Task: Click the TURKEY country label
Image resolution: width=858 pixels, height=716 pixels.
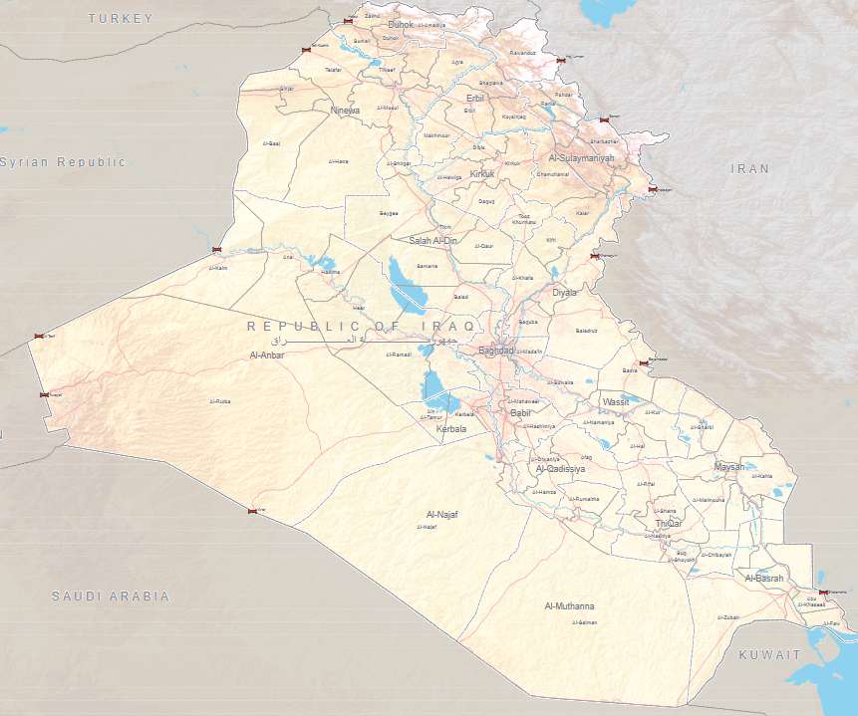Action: coord(121,18)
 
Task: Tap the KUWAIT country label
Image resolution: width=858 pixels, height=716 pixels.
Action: coord(769,654)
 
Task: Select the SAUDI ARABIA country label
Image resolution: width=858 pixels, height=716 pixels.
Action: coord(111,596)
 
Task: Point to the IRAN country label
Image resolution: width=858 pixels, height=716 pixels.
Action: coord(750,169)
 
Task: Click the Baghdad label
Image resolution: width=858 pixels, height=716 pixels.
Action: coord(496,351)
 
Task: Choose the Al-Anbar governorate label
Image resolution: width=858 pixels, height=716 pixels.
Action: coord(267,355)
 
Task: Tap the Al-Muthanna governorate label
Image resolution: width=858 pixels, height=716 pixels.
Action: coord(569,605)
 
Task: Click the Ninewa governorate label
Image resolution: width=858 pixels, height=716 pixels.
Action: coord(345,111)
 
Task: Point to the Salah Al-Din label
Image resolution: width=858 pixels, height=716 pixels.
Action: coord(432,240)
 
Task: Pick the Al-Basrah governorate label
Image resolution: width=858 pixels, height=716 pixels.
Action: coord(764,578)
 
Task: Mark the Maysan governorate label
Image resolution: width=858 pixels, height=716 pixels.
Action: coord(729,466)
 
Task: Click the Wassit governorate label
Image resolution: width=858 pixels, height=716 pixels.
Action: coord(616,401)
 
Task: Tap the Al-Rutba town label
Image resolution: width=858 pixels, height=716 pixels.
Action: coord(220,401)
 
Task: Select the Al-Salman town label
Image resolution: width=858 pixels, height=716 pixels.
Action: coord(585,622)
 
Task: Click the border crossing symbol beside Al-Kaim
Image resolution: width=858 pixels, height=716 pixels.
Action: coord(217,250)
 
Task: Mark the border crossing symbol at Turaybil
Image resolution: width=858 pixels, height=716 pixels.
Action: coord(44,394)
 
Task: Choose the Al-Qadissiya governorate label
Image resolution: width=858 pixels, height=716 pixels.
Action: coord(560,468)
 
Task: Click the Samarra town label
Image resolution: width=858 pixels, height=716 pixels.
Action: coord(427,267)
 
